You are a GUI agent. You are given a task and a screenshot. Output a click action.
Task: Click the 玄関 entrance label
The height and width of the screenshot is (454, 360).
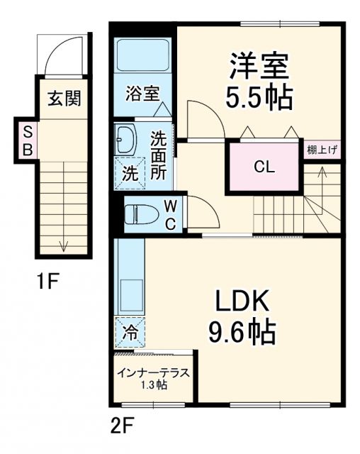point(64,99)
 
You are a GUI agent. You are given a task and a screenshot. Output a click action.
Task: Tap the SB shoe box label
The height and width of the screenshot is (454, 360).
point(28,140)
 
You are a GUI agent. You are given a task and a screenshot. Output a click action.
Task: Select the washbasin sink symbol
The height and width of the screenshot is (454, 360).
point(125,138)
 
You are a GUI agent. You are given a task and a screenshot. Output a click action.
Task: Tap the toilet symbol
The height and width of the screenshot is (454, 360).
point(138,214)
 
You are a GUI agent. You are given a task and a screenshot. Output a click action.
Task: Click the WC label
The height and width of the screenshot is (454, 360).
point(171,214)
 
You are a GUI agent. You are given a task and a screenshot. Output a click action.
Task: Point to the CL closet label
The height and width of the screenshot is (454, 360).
point(264,167)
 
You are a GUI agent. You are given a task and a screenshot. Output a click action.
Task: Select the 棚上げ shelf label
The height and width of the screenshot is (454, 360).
point(322,150)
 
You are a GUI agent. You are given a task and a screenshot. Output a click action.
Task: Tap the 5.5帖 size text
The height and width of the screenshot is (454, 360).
point(258,99)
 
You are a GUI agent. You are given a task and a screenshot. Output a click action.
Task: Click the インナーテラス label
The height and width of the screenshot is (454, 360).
point(152,374)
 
